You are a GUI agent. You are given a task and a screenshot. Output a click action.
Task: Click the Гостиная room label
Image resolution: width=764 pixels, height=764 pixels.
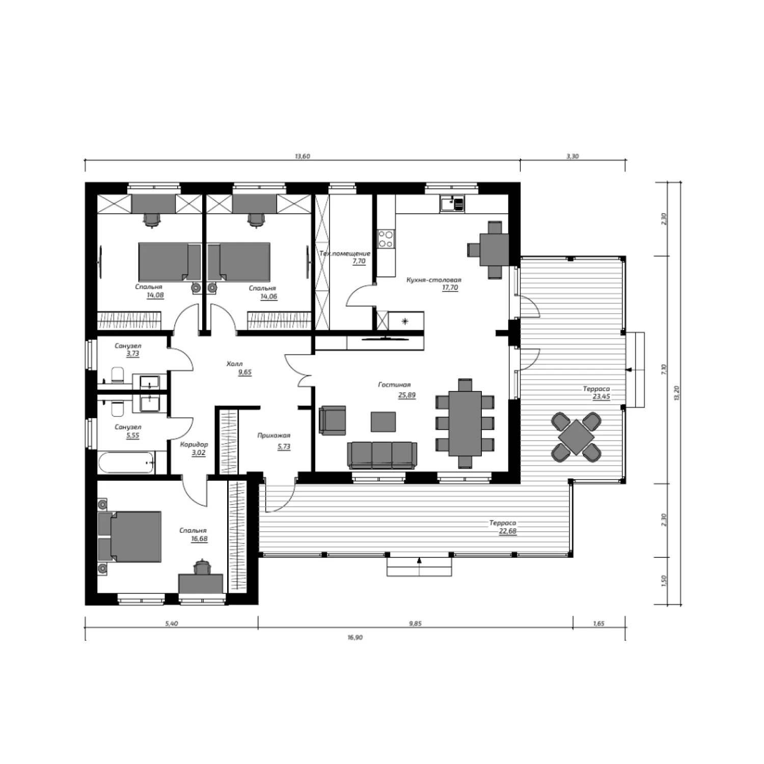pos(394,385)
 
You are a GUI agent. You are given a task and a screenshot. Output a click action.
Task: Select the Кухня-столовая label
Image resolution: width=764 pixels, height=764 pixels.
pos(434,280)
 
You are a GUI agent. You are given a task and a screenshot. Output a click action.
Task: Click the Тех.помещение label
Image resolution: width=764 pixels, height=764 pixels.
pos(345,253)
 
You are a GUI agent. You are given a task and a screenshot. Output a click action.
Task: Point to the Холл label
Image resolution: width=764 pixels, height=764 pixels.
pos(234,364)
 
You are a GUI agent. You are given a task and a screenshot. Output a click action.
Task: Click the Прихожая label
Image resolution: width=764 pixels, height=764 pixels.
pos(274,435)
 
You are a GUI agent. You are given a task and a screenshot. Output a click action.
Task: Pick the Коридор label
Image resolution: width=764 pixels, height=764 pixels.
pos(194,445)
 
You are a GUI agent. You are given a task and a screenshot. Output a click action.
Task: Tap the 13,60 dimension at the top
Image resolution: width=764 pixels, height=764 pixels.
pos(302,156)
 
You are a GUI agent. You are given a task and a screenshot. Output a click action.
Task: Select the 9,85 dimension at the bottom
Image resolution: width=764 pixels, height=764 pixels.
pos(416,623)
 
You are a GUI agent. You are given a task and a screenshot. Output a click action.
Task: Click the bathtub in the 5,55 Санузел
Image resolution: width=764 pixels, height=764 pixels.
pos(126,463)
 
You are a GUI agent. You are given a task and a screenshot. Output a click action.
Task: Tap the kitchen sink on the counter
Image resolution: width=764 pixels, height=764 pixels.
pos(452,205)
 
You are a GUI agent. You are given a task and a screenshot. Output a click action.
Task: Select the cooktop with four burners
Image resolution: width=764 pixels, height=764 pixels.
pos(386,239)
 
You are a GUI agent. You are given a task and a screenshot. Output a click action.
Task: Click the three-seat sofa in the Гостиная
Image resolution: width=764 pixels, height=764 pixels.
pos(383,454)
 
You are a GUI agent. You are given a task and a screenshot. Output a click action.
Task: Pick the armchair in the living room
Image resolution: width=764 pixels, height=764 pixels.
pos(332,420)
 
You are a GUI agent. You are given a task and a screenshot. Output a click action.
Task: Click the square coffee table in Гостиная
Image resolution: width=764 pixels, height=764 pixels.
pos(383,421)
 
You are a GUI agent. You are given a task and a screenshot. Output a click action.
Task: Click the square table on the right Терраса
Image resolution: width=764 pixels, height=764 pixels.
pos(576,437)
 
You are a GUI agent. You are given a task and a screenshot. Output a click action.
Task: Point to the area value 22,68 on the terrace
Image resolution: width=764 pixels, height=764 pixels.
pos(508,532)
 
